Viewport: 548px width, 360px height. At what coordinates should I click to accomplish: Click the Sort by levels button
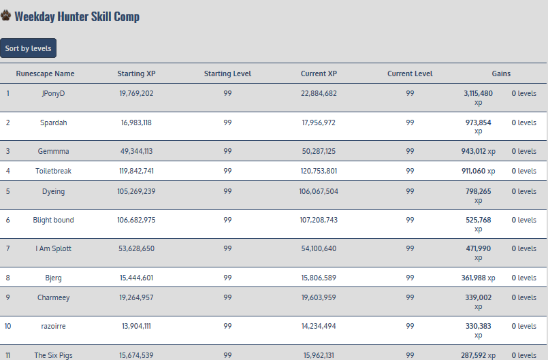pyautogui.click(x=28, y=48)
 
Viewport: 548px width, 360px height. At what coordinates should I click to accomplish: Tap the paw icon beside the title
pyautogui.click(x=6, y=16)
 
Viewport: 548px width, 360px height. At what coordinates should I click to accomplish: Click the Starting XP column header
pyautogui.click(x=136, y=73)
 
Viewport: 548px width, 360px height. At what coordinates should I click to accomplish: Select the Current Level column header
pyautogui.click(x=410, y=73)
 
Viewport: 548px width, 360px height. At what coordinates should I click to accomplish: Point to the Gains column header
pyautogui.click(x=501, y=73)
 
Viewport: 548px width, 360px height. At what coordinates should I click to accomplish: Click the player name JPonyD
pyautogui.click(x=53, y=93)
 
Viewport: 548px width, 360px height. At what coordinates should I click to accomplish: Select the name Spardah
pyautogui.click(x=53, y=122)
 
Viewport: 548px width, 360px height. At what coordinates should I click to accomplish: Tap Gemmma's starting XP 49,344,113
pyautogui.click(x=136, y=151)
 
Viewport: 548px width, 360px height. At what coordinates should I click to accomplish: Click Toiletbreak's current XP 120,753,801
pyautogui.click(x=319, y=171)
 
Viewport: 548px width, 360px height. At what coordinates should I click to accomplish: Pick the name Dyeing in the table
pyautogui.click(x=53, y=191)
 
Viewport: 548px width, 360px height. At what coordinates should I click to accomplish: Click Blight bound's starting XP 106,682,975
pyautogui.click(x=136, y=220)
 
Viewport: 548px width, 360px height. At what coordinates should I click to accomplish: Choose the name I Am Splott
pyautogui.click(x=53, y=248)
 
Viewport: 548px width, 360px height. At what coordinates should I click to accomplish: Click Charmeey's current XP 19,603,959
pyautogui.click(x=319, y=297)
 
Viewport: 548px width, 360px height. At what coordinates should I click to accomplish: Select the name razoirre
pyautogui.click(x=53, y=326)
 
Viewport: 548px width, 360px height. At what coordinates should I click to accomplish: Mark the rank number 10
pyautogui.click(x=8, y=326)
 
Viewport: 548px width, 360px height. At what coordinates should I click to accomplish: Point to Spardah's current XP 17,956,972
pyautogui.click(x=319, y=122)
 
